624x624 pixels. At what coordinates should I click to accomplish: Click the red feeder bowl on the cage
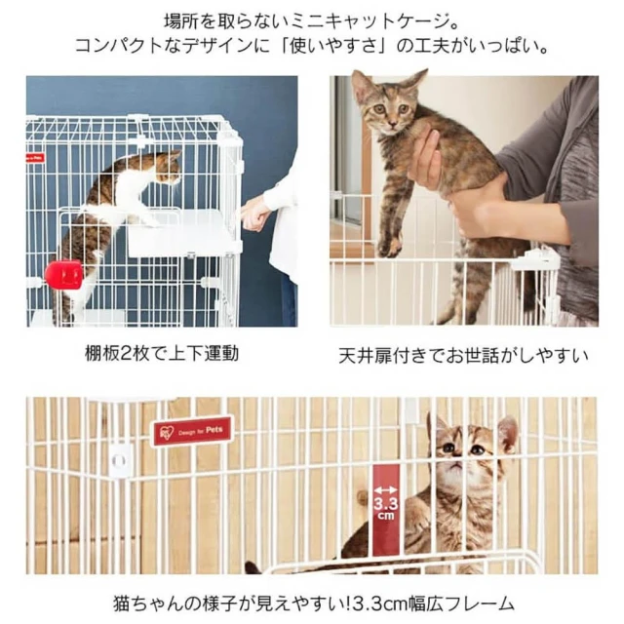[63, 273]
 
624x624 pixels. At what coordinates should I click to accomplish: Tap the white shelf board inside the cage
[184, 233]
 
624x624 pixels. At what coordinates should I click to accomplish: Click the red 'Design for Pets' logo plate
[193, 431]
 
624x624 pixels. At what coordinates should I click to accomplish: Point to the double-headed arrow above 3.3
[386, 489]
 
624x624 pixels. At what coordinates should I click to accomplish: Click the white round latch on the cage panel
[119, 460]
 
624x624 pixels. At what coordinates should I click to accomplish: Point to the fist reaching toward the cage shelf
[255, 215]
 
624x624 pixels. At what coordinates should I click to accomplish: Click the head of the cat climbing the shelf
[168, 167]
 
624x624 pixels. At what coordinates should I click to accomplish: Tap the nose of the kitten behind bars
[458, 462]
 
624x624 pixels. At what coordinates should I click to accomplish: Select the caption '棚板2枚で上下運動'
[162, 353]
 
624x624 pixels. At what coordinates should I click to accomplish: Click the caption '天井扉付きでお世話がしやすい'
[463, 356]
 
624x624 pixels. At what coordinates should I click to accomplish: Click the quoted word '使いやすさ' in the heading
[331, 46]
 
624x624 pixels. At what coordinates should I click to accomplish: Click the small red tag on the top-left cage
[35, 158]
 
